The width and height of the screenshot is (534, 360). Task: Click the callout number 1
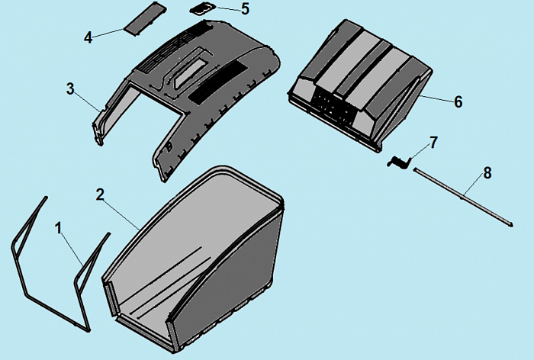pyautogui.click(x=59, y=228)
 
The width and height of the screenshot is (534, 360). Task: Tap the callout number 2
pyautogui.click(x=100, y=194)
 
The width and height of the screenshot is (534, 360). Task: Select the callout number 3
pyautogui.click(x=70, y=89)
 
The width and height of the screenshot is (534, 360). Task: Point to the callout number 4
pyautogui.click(x=88, y=37)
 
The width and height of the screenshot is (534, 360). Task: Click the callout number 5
pyautogui.click(x=245, y=9)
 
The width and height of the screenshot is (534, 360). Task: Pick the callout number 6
pyautogui.click(x=458, y=102)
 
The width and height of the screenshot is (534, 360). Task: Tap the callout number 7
pyautogui.click(x=433, y=143)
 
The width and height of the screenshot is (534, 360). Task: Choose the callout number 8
pyautogui.click(x=487, y=173)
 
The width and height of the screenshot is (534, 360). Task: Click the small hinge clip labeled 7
pyautogui.click(x=399, y=162)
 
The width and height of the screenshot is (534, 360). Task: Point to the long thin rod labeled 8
pyautogui.click(x=463, y=197)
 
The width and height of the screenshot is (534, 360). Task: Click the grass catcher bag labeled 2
pyautogui.click(x=194, y=259)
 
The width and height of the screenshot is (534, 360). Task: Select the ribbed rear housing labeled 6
pyautogui.click(x=361, y=85)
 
